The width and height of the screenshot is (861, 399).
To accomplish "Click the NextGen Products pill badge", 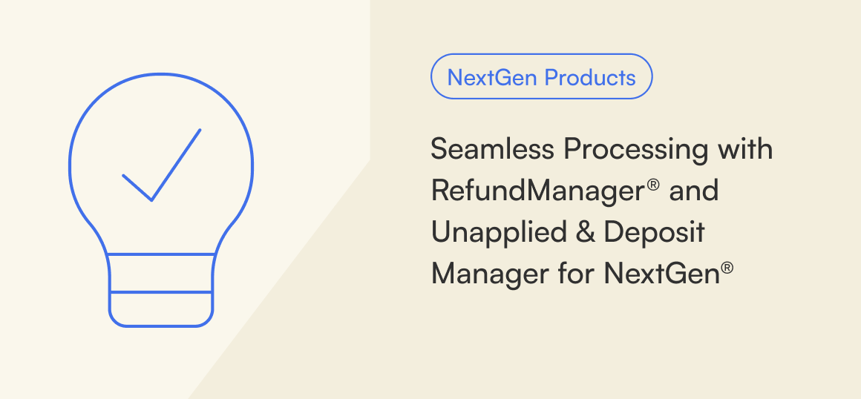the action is [x=541, y=76].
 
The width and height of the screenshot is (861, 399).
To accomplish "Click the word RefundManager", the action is [x=537, y=191].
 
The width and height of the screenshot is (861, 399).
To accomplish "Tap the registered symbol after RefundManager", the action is [x=653, y=185].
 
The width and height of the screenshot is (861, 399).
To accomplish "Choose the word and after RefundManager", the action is [x=694, y=191].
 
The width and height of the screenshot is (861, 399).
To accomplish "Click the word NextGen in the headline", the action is [x=661, y=274].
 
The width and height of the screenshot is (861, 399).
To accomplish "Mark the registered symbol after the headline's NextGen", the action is [x=727, y=268].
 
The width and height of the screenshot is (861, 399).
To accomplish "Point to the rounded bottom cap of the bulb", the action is [x=161, y=326].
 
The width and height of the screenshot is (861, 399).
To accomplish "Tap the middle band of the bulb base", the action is [x=161, y=274].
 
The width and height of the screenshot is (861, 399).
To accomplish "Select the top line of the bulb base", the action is [x=161, y=254].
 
